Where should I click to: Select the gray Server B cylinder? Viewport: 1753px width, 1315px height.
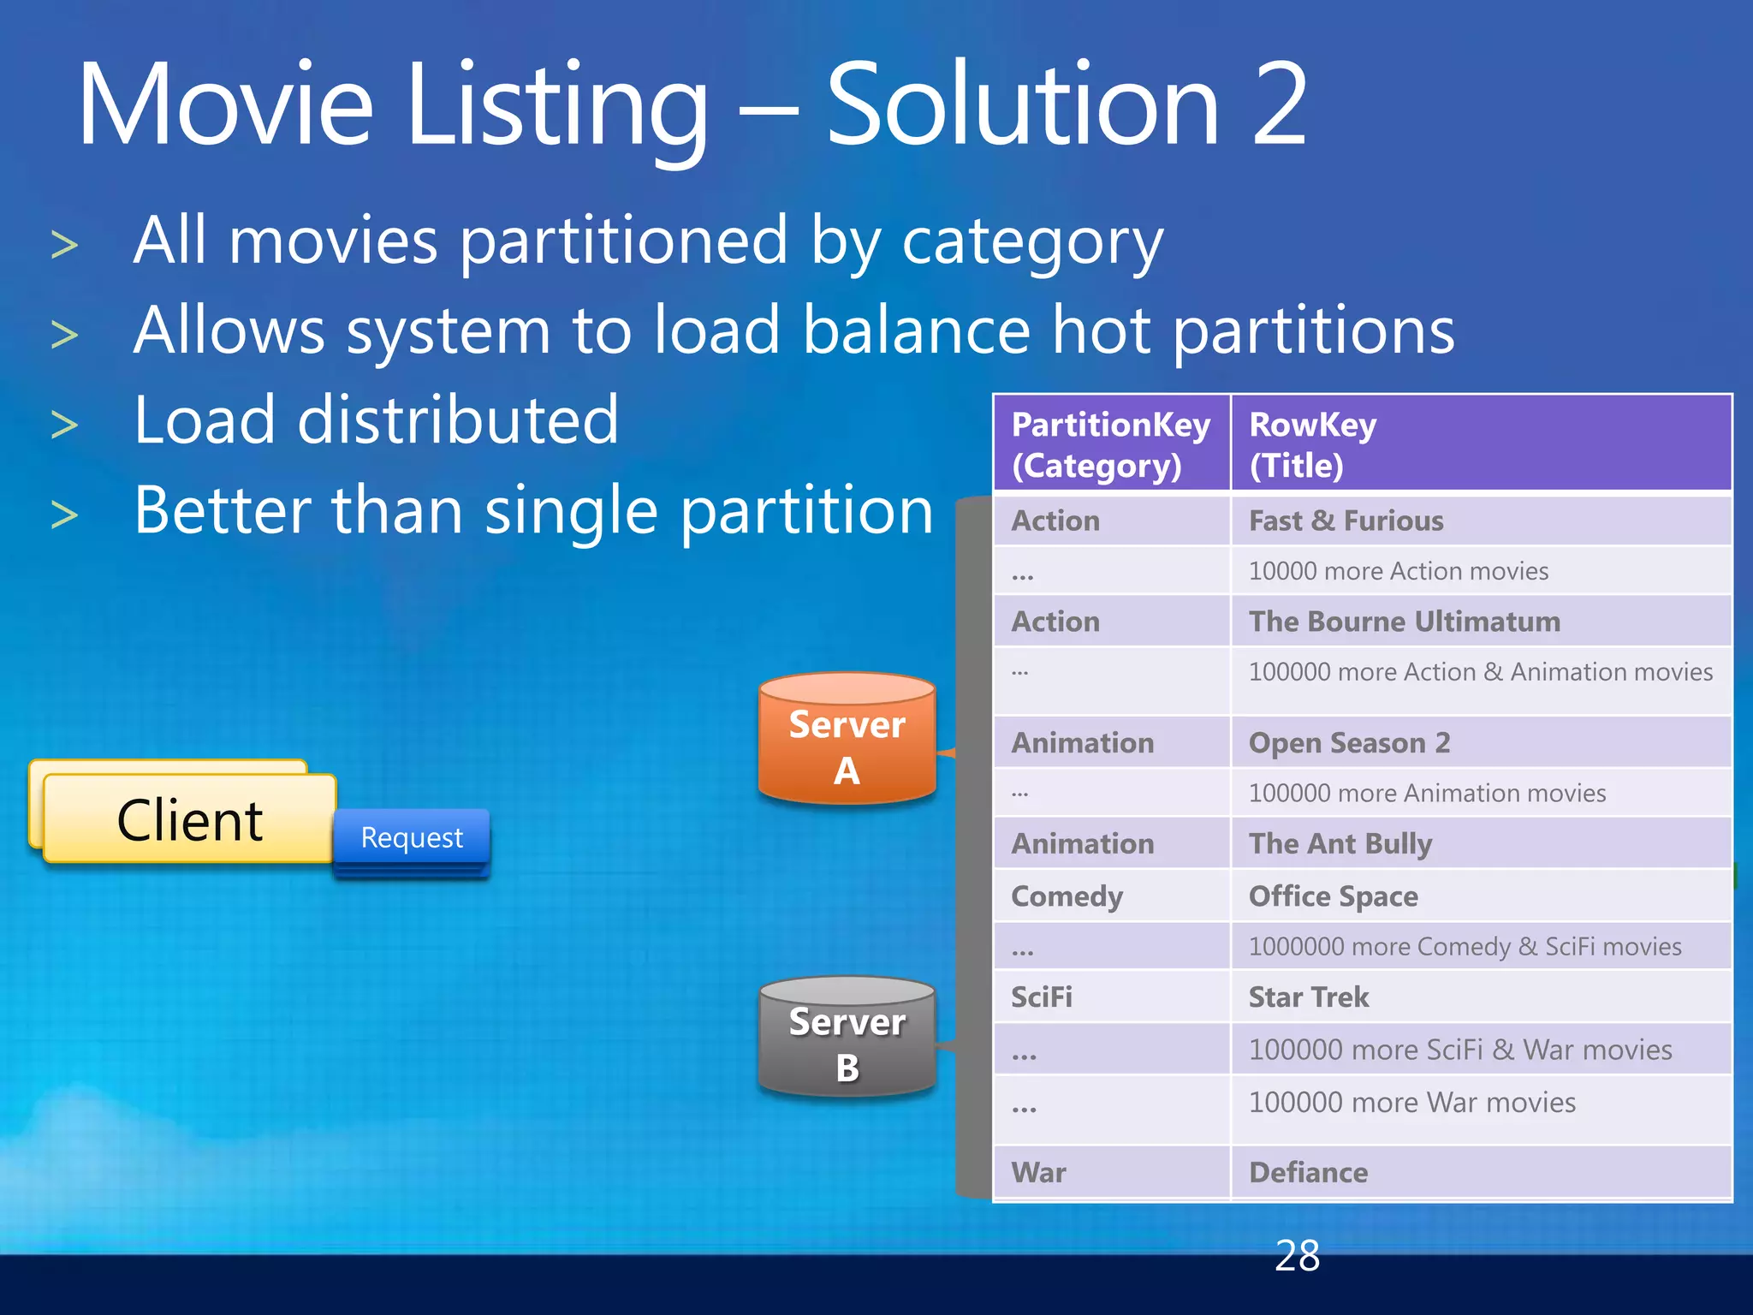point(847,1038)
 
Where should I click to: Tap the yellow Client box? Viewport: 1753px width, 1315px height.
point(189,819)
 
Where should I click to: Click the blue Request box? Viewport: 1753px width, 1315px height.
point(412,837)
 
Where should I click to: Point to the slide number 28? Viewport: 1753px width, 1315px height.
point(1297,1256)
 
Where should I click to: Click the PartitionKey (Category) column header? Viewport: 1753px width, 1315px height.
point(1111,444)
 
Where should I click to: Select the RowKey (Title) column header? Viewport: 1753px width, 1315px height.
point(1481,444)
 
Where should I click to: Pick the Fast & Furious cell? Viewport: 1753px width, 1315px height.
point(1346,521)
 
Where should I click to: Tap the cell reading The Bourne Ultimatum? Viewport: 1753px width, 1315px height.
point(1404,622)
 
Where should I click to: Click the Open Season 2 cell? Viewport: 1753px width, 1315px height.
point(1349,742)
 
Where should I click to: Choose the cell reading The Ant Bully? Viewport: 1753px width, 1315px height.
point(1340,844)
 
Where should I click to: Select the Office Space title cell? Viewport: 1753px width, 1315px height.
point(1333,896)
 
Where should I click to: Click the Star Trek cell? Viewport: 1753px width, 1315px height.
point(1309,997)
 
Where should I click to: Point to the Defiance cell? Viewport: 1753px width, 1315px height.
point(1308,1172)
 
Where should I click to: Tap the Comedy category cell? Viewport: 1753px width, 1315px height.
point(1067,896)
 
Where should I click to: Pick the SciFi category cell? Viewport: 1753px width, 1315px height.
point(1042,997)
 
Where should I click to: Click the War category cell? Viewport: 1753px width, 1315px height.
point(1038,1172)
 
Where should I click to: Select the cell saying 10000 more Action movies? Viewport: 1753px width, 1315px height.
point(1398,571)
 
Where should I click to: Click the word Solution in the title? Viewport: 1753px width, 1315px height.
point(1022,104)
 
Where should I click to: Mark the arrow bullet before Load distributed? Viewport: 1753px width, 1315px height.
point(65,425)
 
